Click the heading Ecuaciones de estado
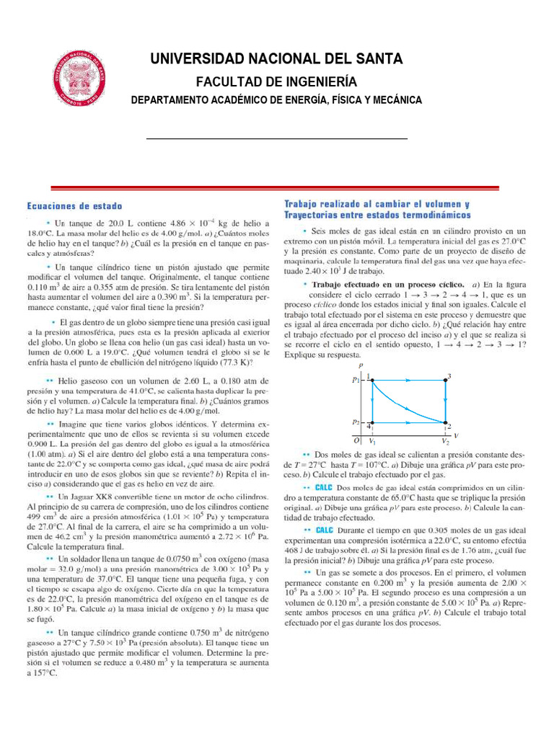point(74,205)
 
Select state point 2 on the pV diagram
point(445,424)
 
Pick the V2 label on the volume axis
point(445,440)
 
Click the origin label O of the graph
point(356,440)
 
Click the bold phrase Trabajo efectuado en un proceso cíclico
point(385,285)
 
